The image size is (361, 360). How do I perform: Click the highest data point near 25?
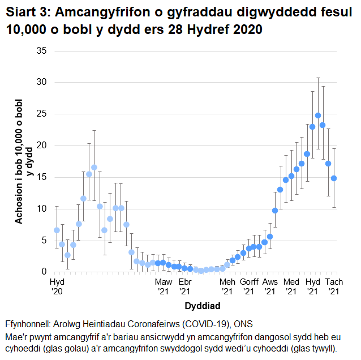pyautogui.click(x=318, y=115)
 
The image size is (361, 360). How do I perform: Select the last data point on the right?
pyautogui.click(x=334, y=178)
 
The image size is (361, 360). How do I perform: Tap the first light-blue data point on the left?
pyautogui.click(x=57, y=230)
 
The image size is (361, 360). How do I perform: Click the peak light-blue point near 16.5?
pyautogui.click(x=94, y=168)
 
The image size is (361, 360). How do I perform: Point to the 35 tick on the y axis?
pyautogui.click(x=42, y=51)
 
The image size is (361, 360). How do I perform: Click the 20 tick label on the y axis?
pyautogui.click(x=42, y=145)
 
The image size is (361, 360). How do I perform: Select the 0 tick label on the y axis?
pyautogui.click(x=45, y=272)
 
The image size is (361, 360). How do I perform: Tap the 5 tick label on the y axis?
pyautogui.click(x=45, y=241)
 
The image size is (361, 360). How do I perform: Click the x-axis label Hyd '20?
pyautogui.click(x=57, y=286)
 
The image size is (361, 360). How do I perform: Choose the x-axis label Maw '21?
pyautogui.click(x=164, y=286)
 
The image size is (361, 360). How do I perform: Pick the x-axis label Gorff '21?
pyautogui.click(x=248, y=286)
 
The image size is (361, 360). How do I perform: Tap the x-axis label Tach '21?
pyautogui.click(x=333, y=286)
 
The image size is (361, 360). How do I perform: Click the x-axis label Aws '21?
pyautogui.click(x=270, y=286)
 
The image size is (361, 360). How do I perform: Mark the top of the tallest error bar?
pyautogui.click(x=318, y=78)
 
